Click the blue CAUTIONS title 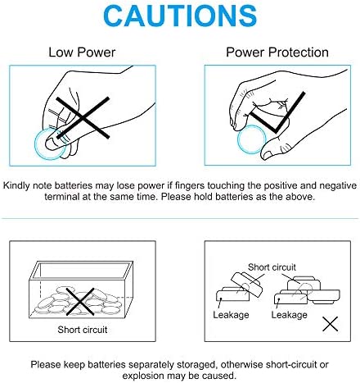[x=180, y=16]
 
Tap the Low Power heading [x=82, y=52]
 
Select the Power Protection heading [x=277, y=52]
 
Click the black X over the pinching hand [x=83, y=117]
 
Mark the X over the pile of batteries [x=80, y=302]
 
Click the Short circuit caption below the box [x=83, y=330]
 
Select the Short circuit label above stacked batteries [x=272, y=267]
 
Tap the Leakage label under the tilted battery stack [x=231, y=315]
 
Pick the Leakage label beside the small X [x=289, y=315]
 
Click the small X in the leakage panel [x=330, y=324]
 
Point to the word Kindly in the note [x=16, y=185]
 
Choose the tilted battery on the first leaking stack [x=247, y=285]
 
